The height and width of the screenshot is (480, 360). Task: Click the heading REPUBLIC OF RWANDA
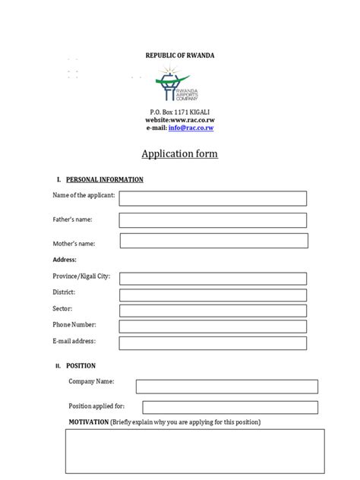tap(179, 56)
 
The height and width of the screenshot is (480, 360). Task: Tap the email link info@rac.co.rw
tap(196, 128)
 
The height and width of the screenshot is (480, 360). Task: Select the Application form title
tap(179, 154)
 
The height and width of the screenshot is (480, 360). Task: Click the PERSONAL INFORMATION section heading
tap(105, 180)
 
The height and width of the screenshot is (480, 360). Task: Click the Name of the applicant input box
tap(213, 198)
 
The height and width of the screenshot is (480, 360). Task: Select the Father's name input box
tap(213, 220)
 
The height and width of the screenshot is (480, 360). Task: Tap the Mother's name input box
tap(213, 241)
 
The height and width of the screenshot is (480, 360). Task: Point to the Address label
tap(65, 260)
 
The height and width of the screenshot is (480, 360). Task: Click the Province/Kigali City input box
tap(213, 278)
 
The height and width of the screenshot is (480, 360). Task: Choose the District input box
tap(213, 295)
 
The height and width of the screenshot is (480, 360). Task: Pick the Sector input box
tap(213, 311)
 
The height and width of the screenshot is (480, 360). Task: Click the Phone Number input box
tap(213, 327)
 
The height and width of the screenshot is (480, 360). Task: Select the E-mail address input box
tap(213, 343)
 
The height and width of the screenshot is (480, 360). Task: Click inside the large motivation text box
tap(194, 451)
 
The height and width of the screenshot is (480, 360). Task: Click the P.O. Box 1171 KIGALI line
tap(179, 112)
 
